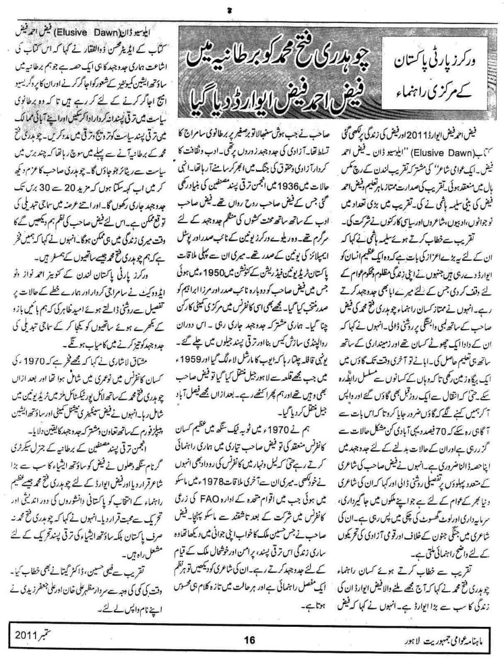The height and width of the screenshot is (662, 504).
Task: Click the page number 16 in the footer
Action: [x=250, y=640]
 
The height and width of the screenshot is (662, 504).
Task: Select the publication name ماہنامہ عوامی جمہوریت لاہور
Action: [x=444, y=640]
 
